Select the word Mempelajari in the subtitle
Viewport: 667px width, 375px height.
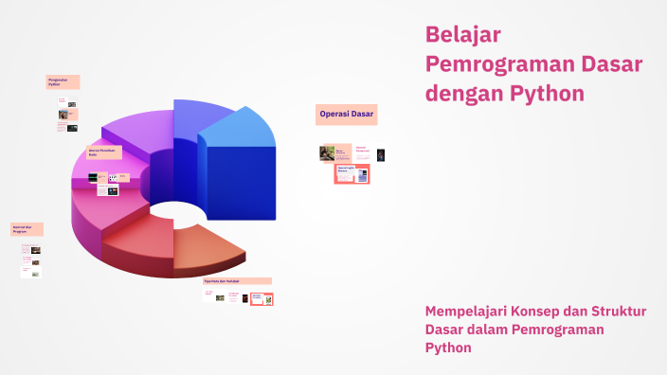468,312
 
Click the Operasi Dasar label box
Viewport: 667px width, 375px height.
347,115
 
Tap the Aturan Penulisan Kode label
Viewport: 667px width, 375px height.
104,152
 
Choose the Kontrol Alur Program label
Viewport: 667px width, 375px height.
27,229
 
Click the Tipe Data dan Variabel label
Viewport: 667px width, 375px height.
237,281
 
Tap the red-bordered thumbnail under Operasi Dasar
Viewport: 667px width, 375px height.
352,173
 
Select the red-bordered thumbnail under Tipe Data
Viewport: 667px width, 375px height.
261,299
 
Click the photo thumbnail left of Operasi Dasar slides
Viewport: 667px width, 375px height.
327,152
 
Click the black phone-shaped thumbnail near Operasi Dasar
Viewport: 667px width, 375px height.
381,154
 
